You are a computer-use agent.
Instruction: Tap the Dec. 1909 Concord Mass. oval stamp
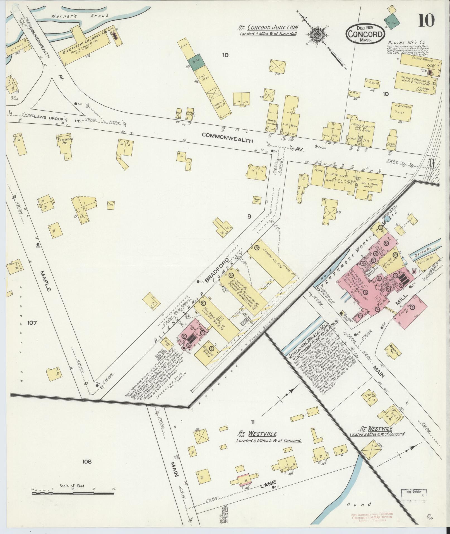tap(365, 33)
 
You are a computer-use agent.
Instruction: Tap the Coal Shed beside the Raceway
tap(425, 258)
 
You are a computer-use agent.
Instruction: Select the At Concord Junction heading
tap(268, 27)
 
